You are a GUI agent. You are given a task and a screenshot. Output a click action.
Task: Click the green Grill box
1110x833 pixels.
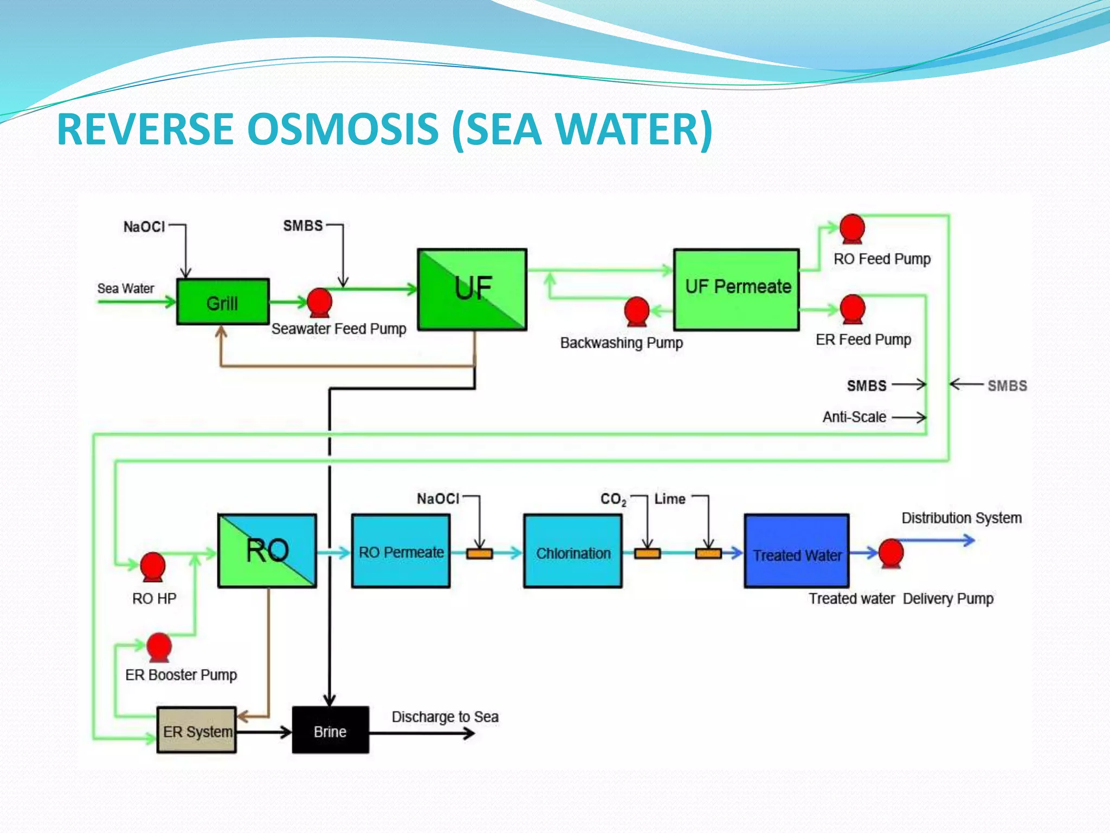(x=223, y=302)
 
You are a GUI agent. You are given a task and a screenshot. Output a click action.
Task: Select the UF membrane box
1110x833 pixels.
(x=472, y=289)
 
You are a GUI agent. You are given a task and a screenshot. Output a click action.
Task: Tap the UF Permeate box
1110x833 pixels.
(x=737, y=289)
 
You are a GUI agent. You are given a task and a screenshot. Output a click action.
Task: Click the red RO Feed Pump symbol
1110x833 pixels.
(x=852, y=228)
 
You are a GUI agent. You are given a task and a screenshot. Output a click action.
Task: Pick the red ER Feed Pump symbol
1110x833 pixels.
(x=853, y=309)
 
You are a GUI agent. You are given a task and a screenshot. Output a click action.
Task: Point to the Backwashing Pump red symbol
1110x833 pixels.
(x=637, y=311)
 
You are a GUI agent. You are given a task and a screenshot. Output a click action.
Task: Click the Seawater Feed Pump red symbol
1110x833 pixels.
(x=320, y=302)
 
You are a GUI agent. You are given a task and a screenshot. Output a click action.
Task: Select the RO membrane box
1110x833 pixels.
(x=267, y=550)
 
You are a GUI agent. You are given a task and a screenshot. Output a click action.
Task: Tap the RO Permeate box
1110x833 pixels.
(x=401, y=551)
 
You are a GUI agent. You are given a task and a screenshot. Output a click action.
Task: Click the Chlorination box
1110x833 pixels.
(x=573, y=551)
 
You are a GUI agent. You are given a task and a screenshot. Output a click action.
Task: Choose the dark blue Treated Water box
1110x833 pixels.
(x=797, y=551)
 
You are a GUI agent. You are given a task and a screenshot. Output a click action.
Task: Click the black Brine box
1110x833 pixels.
(x=331, y=730)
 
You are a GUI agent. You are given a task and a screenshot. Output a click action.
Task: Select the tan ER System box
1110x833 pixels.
(x=197, y=730)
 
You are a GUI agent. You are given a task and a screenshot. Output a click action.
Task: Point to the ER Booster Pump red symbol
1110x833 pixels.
(x=159, y=646)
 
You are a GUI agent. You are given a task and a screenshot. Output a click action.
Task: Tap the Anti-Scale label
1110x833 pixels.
(x=854, y=417)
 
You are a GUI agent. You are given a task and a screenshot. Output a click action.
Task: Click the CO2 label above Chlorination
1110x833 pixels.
(x=612, y=499)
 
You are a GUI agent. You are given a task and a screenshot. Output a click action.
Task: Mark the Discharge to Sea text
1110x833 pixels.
(x=445, y=717)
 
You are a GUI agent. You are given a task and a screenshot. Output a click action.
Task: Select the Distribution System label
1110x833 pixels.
(x=961, y=518)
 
